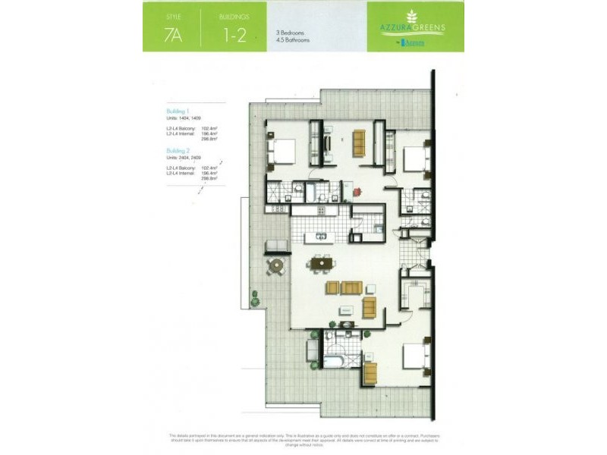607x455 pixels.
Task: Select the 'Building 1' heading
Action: coord(180,111)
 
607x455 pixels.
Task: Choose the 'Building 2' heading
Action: coord(180,151)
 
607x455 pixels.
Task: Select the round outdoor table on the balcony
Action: coord(275,267)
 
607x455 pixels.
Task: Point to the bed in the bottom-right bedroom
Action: coord(414,356)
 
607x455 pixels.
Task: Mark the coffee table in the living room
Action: coord(345,309)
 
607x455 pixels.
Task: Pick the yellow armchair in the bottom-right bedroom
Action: coord(370,372)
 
